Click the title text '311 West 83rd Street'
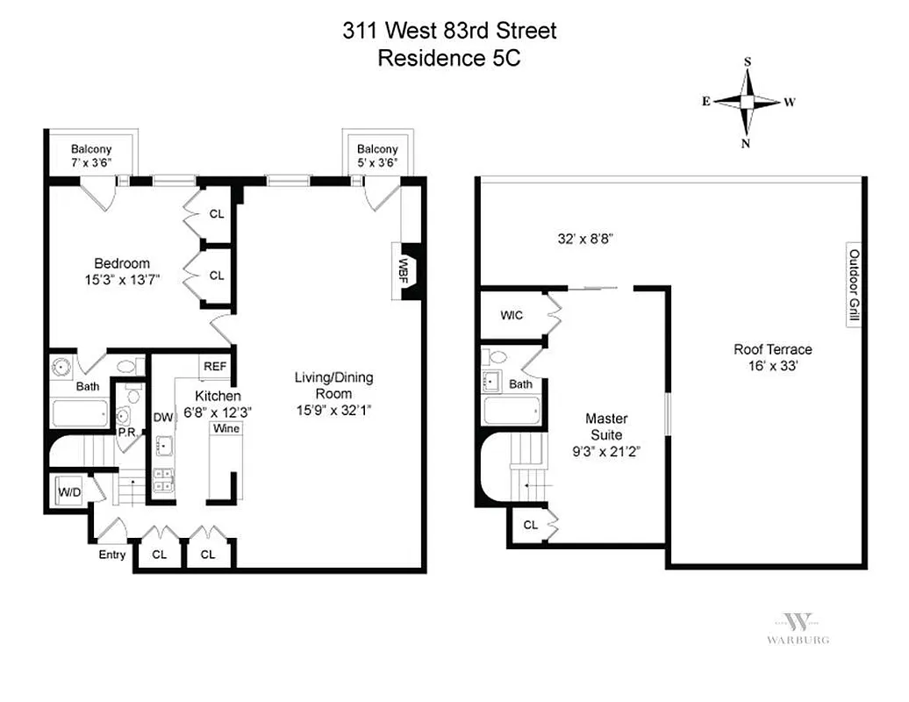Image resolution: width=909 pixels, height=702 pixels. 449,32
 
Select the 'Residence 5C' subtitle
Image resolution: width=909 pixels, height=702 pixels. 449,59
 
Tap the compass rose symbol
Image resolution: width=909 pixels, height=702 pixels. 747,103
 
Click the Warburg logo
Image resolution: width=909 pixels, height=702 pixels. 798,627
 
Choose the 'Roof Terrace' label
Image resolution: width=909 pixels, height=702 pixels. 773,356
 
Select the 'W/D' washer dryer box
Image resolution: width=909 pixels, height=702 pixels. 69,493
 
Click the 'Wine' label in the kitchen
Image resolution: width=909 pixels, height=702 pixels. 225,428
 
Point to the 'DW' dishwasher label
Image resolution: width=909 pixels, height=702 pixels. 163,418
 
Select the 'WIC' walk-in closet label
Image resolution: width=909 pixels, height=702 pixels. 512,315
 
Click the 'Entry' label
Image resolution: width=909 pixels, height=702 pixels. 112,555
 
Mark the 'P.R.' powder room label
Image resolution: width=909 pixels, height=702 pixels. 126,433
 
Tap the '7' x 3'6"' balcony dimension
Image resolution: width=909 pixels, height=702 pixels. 92,162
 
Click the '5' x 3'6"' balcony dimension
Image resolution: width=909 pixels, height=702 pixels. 377,162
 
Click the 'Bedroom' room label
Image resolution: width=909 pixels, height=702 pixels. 122,263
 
